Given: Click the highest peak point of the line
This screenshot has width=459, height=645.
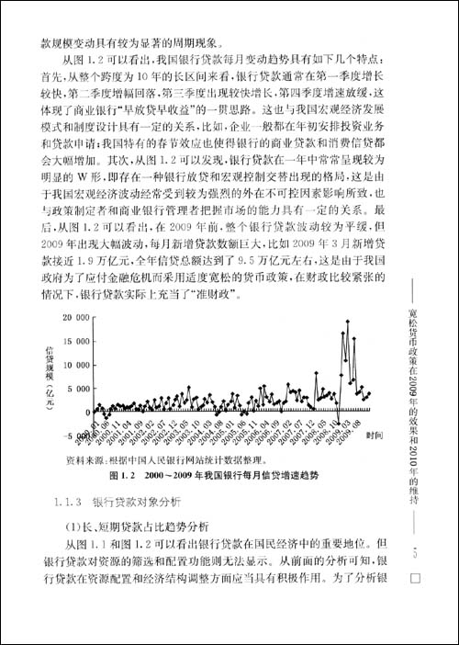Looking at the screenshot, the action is point(347,321).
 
